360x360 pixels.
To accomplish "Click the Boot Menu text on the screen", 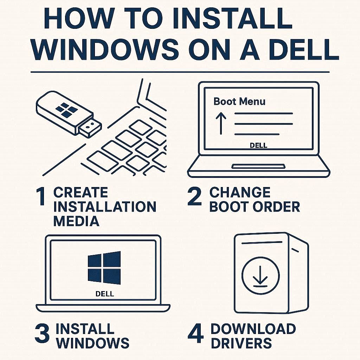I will tap(239, 102).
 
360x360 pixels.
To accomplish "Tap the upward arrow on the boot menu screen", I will tap(220, 123).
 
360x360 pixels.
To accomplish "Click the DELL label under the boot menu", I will tap(258, 145).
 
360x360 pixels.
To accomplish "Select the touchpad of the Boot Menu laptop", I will tap(258, 166).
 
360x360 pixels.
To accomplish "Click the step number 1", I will tap(41, 197).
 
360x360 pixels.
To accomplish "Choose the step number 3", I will tap(42, 334).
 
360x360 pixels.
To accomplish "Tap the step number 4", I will tap(195, 334).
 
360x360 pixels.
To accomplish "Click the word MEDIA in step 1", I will tap(76, 221).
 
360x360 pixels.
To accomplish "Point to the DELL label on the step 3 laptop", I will tap(104, 294).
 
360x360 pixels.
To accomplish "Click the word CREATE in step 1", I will tap(81, 192).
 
